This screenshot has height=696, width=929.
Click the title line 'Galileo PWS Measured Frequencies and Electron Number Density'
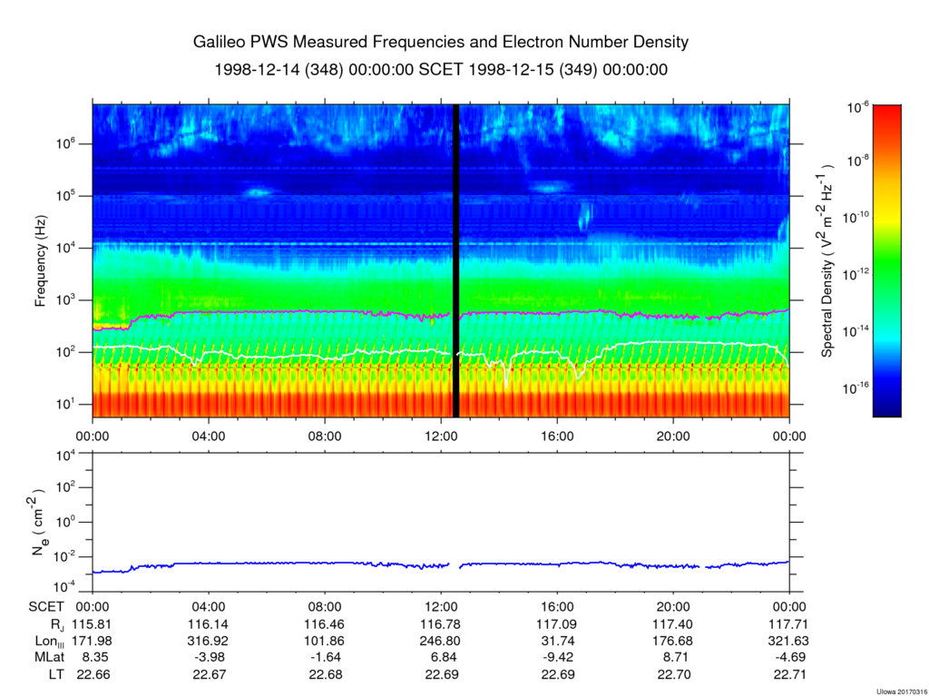(x=441, y=43)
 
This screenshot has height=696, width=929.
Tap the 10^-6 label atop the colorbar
(x=859, y=107)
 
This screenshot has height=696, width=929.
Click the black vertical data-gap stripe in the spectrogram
(x=455, y=260)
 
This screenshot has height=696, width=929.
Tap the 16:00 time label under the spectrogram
(x=556, y=435)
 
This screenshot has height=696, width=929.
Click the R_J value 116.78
(x=441, y=625)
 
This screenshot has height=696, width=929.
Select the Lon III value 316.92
(x=209, y=641)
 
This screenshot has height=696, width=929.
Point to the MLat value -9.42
(x=556, y=657)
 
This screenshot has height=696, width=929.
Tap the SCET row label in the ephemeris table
(x=45, y=608)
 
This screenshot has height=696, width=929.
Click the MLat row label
(x=45, y=657)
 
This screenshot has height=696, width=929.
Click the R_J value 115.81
(x=93, y=625)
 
